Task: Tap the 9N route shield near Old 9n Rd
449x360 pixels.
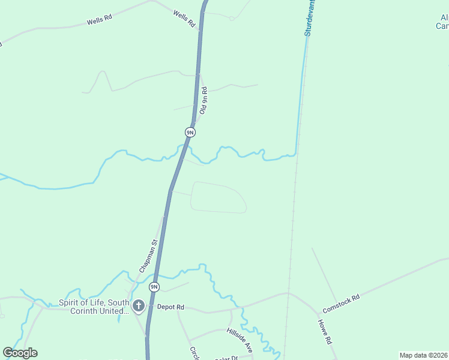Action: point(190,132)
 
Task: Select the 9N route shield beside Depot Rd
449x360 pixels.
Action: point(154,287)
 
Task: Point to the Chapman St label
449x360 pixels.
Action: point(148,257)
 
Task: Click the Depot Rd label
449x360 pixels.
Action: point(170,307)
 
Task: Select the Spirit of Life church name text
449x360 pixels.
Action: point(94,307)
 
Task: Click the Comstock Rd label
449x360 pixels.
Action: point(340,304)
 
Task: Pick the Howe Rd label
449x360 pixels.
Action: point(325,331)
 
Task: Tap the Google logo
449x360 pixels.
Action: point(20,353)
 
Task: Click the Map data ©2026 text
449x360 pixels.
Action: point(423,355)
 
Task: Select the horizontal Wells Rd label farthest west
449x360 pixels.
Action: point(100,19)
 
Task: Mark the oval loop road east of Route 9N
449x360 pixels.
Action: point(218,197)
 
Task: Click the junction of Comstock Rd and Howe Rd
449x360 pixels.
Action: point(318,313)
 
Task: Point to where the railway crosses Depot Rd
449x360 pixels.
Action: point(289,294)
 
